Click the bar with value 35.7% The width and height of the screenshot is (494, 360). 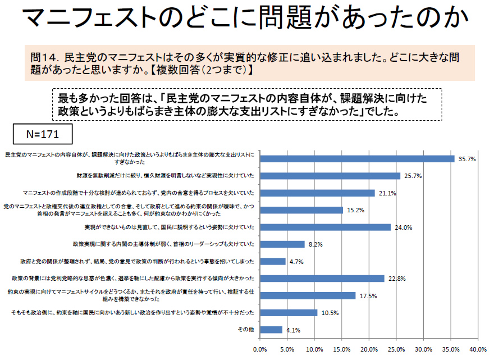coord(357,159)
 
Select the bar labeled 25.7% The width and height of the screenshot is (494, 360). coord(330,176)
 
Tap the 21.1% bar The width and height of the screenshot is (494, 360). coord(317,193)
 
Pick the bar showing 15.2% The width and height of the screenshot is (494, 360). coord(301,210)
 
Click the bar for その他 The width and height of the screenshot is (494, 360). coord(271,330)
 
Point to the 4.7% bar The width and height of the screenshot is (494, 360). coord(273,261)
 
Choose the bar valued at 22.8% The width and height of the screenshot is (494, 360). coord(322,279)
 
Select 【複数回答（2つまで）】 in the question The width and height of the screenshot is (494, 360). coord(194,71)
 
